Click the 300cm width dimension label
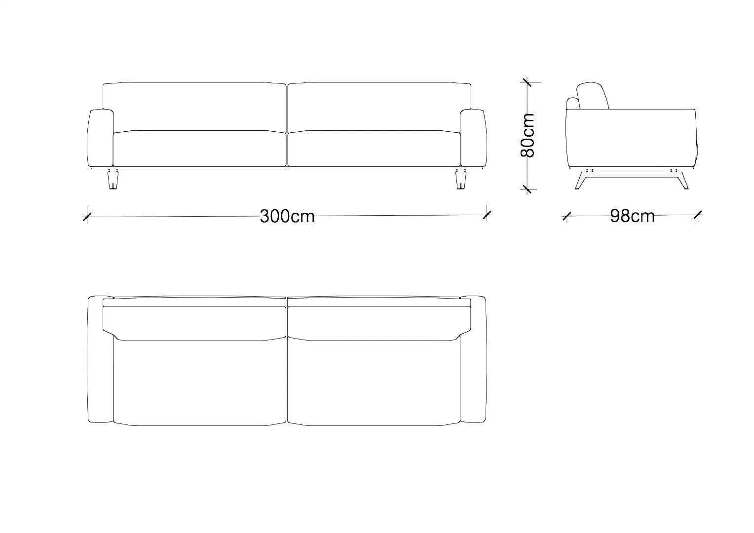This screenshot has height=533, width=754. [x=287, y=216]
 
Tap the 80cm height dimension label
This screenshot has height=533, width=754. [x=528, y=135]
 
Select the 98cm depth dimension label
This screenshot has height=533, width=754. [x=632, y=216]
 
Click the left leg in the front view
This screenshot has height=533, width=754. [x=113, y=180]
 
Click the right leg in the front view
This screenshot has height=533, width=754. [x=461, y=180]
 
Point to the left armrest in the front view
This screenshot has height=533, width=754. [x=100, y=138]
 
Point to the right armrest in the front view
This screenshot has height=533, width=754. [x=473, y=138]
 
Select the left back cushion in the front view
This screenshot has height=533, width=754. [x=194, y=107]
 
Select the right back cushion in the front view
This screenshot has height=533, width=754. [x=379, y=107]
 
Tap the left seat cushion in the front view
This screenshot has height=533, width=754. [x=200, y=149]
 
